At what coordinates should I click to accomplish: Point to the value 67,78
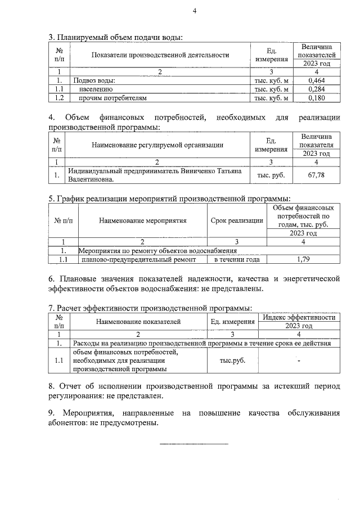(x=318, y=175)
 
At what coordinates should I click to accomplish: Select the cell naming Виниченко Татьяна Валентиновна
(x=159, y=175)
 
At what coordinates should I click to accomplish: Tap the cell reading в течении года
(x=236, y=259)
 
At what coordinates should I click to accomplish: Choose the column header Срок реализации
(x=236, y=220)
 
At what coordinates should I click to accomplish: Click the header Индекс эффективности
(x=299, y=317)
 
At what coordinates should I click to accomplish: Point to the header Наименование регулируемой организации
(x=157, y=145)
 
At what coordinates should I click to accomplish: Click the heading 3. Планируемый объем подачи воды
(x=115, y=38)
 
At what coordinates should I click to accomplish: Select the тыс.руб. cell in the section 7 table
(x=232, y=361)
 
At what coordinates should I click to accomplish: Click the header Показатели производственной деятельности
(x=157, y=55)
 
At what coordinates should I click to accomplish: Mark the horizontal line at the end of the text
(x=194, y=444)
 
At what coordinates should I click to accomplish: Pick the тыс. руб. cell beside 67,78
(x=271, y=175)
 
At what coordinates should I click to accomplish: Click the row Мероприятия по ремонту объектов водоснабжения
(x=157, y=250)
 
